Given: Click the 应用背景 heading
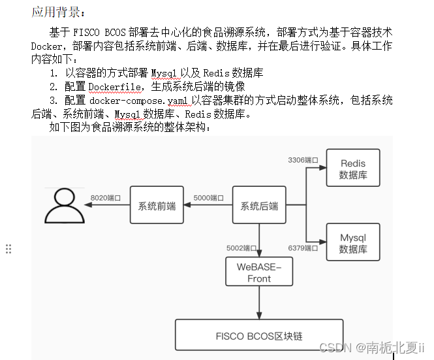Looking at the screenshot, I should point(58,12).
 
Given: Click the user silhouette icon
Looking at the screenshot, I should point(65,207).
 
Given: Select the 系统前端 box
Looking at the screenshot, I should point(157,206).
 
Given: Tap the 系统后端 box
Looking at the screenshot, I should point(259,206).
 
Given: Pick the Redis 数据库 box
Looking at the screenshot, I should point(352,169).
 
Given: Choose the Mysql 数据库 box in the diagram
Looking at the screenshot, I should point(352,243).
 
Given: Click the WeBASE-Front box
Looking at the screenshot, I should point(258,272).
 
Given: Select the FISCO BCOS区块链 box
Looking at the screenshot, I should point(258,336).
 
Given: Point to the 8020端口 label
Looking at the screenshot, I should point(106,197).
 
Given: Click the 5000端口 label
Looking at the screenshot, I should point(209,197).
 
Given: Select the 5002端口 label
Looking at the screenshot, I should point(242,248).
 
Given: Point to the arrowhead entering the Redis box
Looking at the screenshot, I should point(322,169).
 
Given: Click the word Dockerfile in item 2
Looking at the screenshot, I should point(117,86).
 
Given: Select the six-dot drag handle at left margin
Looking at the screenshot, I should point(8,248).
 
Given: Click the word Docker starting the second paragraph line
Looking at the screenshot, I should point(46,46).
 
